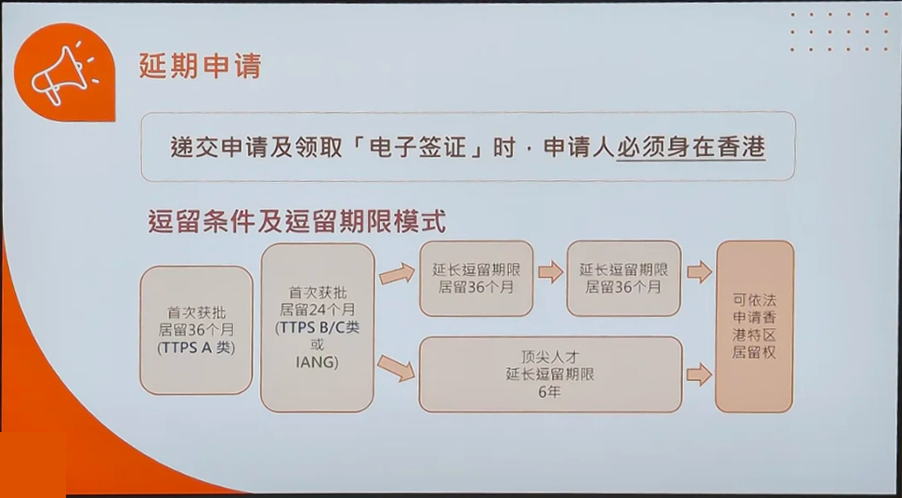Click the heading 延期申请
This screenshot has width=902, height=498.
(x=201, y=66)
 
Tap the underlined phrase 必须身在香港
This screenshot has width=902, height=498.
(x=690, y=147)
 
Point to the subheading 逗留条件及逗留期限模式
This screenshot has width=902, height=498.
(x=297, y=221)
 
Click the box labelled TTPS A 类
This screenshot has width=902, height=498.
(x=196, y=330)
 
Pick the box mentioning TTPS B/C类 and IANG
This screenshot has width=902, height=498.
(x=318, y=327)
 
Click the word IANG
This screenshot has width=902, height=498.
(x=317, y=363)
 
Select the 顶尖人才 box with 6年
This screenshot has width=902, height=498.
(x=551, y=374)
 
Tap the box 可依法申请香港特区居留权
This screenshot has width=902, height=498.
(x=754, y=327)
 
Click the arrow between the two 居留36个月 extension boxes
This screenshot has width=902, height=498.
(x=551, y=272)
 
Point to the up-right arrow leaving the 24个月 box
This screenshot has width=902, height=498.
(x=397, y=274)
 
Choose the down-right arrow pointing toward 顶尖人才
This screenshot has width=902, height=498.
(x=396, y=369)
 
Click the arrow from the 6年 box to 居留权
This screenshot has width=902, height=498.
(x=699, y=375)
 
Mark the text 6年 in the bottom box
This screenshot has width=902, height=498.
(x=550, y=394)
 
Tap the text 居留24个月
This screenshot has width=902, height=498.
(x=317, y=310)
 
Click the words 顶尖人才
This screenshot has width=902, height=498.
(x=550, y=357)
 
